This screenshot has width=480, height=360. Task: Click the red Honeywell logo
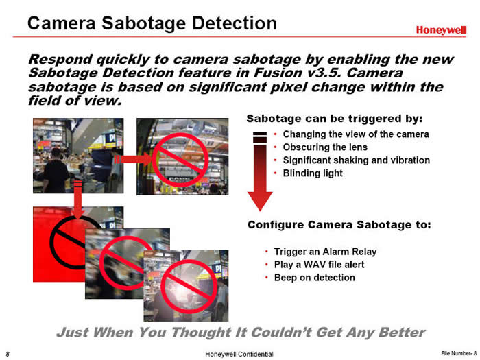pos(441,29)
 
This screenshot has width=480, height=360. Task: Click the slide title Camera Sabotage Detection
pos(152,23)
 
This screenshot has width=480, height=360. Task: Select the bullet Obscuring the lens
pos(325,147)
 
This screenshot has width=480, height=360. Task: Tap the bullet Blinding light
pos(313,173)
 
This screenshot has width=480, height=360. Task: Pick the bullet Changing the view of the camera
pos(356,134)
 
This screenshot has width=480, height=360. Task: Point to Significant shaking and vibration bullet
pos(357,160)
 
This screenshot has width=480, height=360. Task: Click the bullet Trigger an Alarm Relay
pos(325,252)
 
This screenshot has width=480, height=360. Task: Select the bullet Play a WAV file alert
pos(319,265)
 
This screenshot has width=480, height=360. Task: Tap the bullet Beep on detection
pos(314,278)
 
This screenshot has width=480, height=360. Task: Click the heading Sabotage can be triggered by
pos(335,119)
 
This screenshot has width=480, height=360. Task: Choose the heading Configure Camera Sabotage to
pos(339,225)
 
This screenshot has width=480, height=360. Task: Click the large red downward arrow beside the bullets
pos(260,171)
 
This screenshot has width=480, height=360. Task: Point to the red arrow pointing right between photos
pos(133,160)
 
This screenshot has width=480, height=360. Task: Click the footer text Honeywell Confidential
pos(239,355)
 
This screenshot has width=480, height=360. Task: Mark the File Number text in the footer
pos(459,353)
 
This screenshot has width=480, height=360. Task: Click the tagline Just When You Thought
pos(241,333)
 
